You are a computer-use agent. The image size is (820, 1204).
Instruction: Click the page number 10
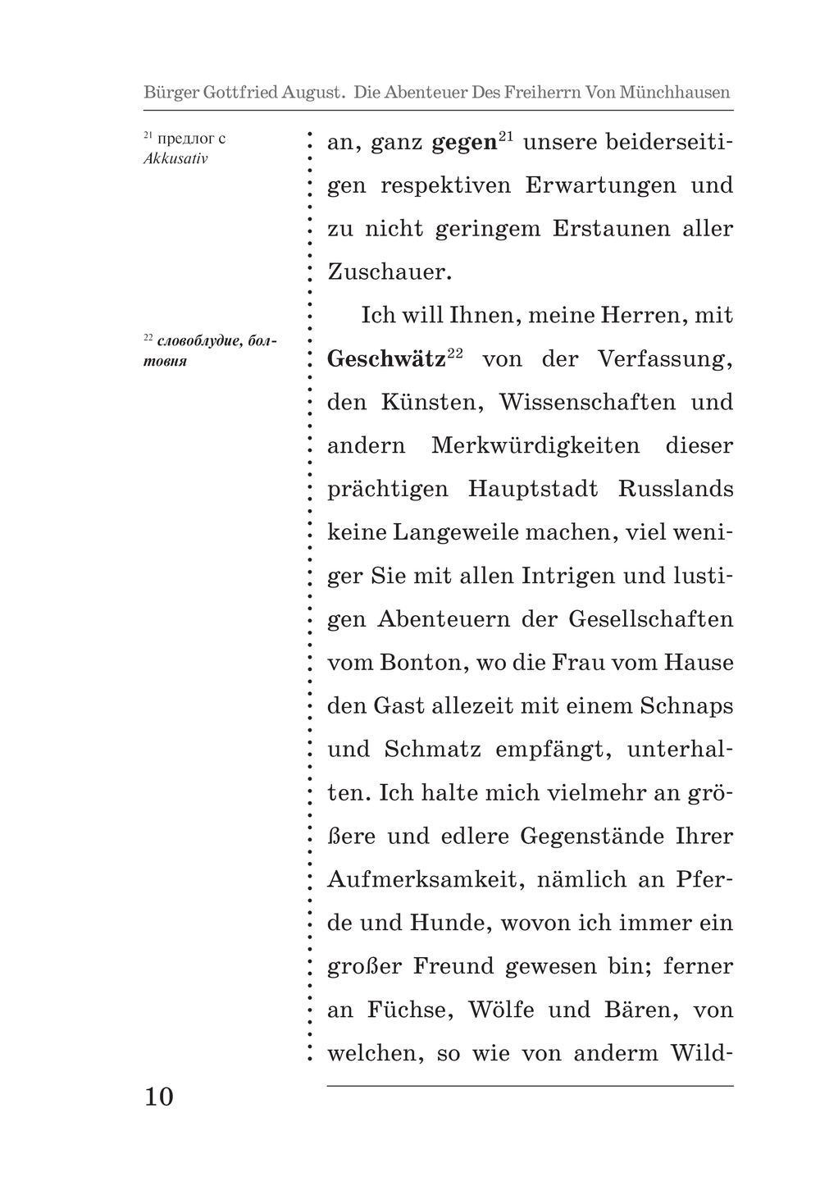159,1097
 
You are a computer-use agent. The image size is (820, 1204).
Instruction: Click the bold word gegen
464,143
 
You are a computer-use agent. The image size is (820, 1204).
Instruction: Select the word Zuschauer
389,272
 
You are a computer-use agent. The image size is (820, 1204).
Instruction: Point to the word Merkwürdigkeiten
535,446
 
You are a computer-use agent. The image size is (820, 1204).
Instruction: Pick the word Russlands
676,490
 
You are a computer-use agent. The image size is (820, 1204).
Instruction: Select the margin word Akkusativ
175,159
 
